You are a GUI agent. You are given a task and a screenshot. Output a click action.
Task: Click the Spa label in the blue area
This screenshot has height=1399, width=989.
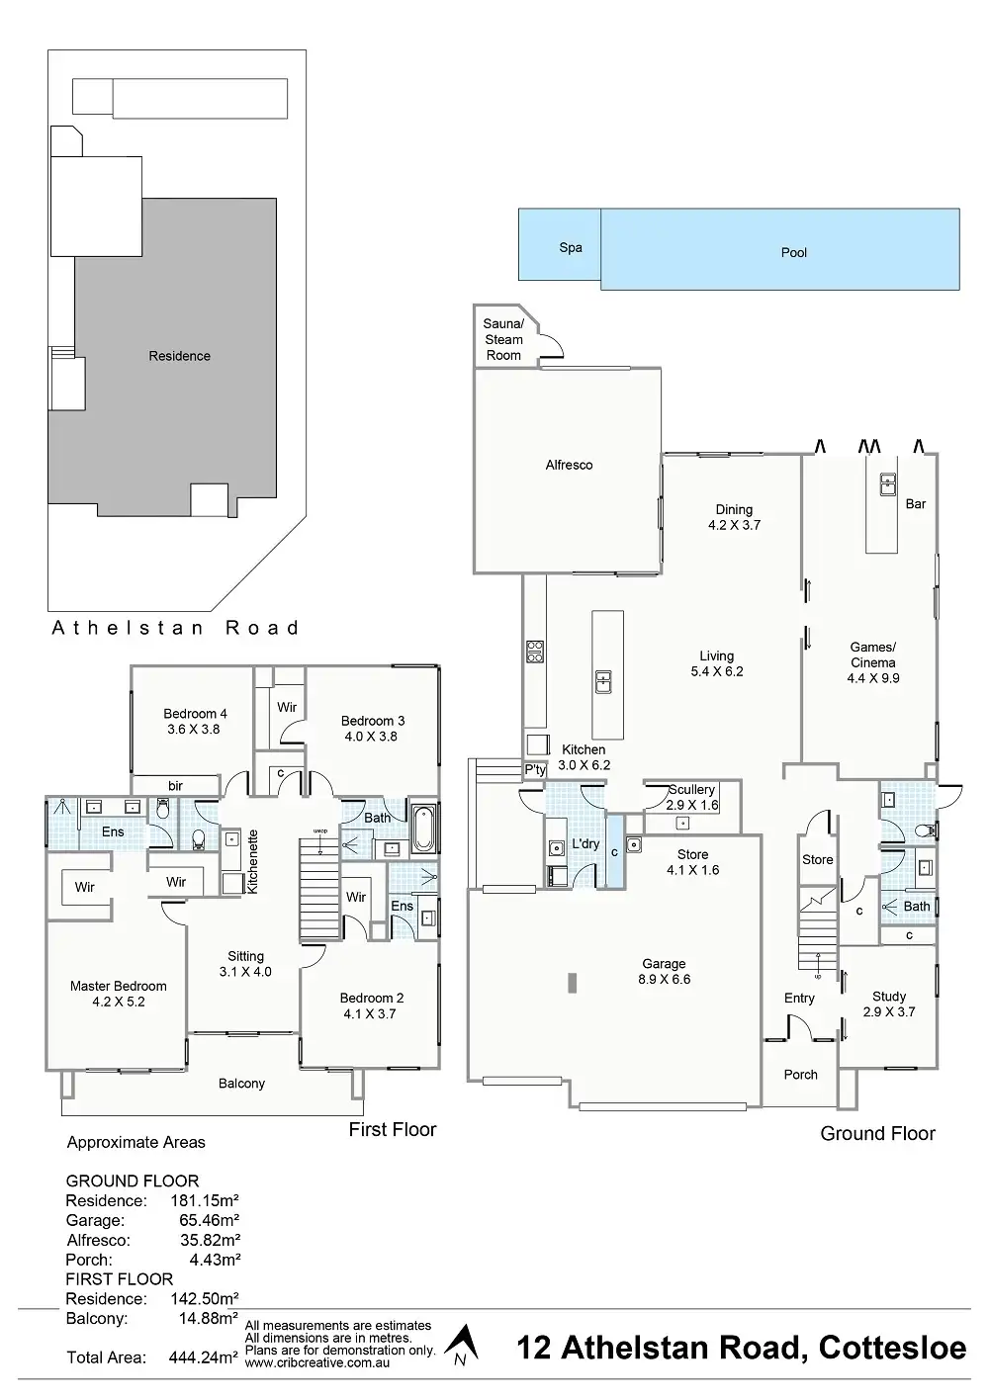click(571, 248)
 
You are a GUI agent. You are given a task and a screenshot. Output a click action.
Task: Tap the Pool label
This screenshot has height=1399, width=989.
click(794, 252)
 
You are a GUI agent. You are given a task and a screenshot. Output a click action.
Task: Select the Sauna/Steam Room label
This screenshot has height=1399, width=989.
click(503, 339)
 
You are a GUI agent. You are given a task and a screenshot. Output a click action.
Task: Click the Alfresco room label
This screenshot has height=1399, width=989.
click(570, 465)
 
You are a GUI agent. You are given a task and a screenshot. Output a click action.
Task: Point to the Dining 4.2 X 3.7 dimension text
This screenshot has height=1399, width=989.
click(735, 526)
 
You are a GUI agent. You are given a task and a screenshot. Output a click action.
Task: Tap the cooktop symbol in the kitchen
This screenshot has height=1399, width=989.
click(534, 652)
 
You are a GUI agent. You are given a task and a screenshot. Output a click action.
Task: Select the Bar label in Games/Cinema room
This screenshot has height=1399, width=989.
click(916, 504)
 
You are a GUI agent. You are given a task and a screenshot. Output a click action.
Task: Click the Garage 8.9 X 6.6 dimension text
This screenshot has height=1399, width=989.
click(664, 980)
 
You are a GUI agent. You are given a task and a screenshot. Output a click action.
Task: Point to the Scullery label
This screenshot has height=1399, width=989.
click(691, 790)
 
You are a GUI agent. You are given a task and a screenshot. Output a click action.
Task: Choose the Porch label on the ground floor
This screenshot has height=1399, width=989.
click(801, 1075)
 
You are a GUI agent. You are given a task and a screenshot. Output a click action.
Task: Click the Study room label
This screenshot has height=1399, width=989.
click(889, 998)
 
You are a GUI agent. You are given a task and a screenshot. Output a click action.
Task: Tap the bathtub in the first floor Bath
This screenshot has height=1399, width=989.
click(423, 831)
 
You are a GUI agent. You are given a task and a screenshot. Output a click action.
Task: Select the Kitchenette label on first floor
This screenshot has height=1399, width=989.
click(252, 861)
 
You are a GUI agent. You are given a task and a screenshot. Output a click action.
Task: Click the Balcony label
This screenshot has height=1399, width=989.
click(242, 1084)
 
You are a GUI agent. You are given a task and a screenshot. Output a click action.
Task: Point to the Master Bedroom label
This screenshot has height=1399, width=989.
click(119, 986)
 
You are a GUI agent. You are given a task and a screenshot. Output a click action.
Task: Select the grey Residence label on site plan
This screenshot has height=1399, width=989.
click(180, 356)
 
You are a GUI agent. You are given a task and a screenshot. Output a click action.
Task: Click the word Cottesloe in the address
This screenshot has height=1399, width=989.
click(889, 1348)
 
